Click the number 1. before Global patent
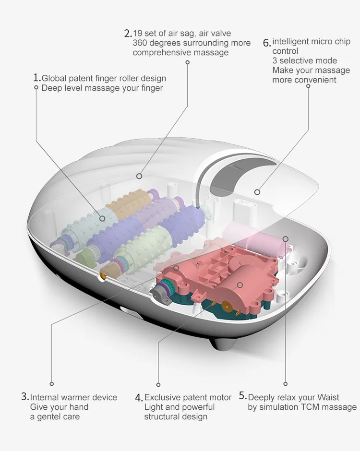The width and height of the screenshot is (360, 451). (36, 78)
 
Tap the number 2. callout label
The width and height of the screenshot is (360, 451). (128, 34)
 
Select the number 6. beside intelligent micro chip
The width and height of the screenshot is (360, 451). (267, 43)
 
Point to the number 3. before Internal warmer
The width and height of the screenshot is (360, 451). (25, 397)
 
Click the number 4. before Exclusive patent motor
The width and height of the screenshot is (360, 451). (139, 398)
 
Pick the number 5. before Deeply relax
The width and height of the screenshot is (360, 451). (243, 396)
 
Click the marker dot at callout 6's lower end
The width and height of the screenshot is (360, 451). (257, 192)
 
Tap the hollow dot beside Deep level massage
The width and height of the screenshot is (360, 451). (36, 87)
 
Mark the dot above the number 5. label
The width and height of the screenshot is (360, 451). (285, 384)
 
